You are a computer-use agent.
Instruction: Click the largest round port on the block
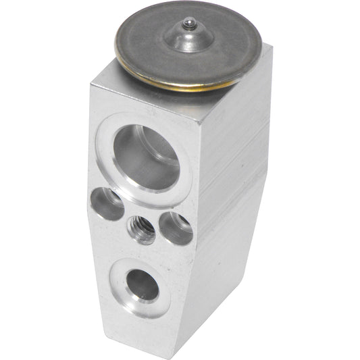(146, 157)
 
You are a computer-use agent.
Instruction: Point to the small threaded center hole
(141, 230)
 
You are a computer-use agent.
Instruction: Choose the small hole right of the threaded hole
(176, 228)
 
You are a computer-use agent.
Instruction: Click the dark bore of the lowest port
(143, 284)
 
